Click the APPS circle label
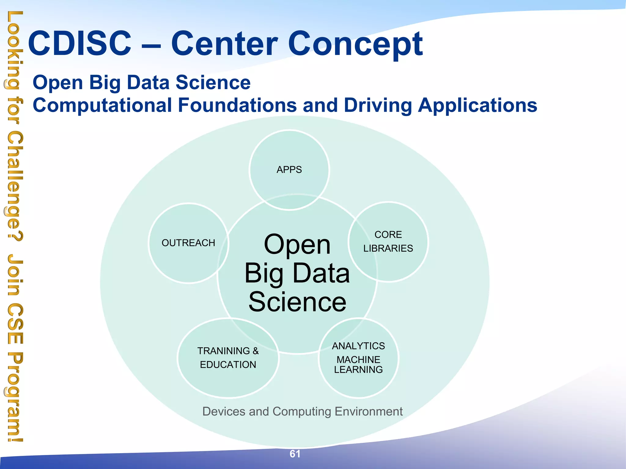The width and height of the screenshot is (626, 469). pos(289,169)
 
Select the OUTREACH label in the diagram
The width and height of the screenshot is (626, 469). pos(188,243)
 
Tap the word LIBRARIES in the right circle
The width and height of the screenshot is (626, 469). pos(388,248)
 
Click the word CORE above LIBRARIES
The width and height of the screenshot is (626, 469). pos(388,234)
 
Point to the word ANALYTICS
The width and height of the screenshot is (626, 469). pos(358,346)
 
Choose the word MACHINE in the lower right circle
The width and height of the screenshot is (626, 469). pos(358,359)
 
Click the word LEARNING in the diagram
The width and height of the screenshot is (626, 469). pos(358,369)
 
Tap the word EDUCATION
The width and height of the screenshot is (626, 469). pos(228,365)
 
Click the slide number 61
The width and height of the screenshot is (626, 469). pos(295,454)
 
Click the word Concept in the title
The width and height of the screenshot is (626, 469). pos(355,44)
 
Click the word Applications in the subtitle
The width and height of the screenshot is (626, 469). pos(477,106)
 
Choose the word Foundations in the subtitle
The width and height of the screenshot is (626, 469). pos(237,105)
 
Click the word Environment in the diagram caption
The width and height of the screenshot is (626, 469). pos(369,412)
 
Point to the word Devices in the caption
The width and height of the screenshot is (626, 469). pos(224,412)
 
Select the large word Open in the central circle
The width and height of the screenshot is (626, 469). pos(297,245)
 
